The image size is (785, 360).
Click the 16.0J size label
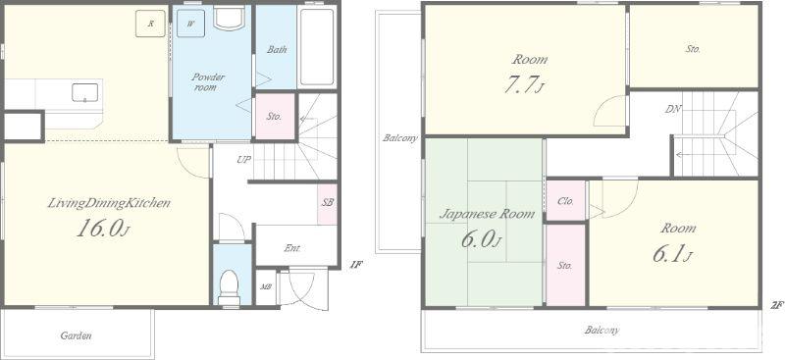click(x=103, y=229)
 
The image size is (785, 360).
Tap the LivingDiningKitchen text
click(x=109, y=203)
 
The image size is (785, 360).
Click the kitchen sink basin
click(x=84, y=92)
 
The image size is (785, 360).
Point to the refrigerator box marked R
click(x=150, y=24)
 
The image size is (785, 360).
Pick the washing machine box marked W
click(x=190, y=23)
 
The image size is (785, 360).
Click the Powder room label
click(x=208, y=82)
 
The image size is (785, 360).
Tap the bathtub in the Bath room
click(x=316, y=46)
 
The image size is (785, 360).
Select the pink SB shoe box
click(x=328, y=203)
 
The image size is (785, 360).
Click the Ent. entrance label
click(x=292, y=248)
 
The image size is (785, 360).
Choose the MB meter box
click(x=265, y=286)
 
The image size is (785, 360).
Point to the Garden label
click(x=77, y=335)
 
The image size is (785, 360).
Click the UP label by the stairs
click(x=243, y=160)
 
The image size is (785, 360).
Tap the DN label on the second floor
click(x=673, y=109)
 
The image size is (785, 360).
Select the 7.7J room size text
click(x=524, y=84)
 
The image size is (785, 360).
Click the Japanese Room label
click(x=487, y=214)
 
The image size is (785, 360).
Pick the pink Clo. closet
click(x=566, y=201)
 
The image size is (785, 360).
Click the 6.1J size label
click(x=672, y=254)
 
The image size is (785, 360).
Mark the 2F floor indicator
click(x=777, y=304)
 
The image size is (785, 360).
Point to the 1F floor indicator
click(x=355, y=265)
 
